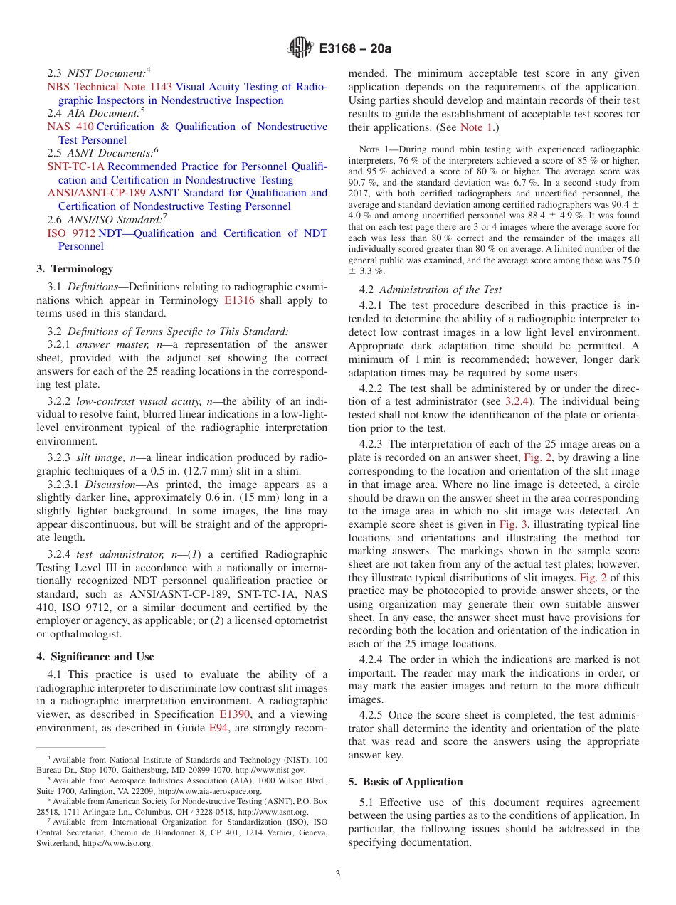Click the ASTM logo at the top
299,48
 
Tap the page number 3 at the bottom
337,874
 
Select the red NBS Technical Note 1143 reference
110,87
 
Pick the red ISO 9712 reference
70,233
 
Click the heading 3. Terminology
74,269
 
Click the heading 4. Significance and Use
95,657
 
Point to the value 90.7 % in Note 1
362,182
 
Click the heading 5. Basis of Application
406,782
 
